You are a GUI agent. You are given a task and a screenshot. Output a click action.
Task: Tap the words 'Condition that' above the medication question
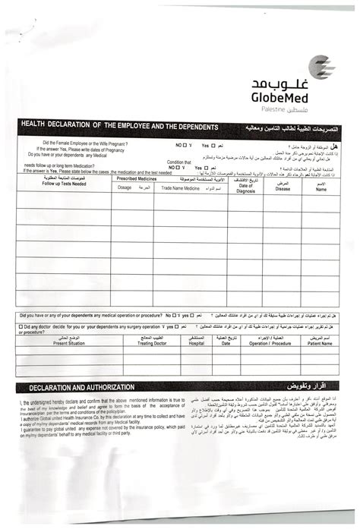pyautogui.click(x=179, y=162)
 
